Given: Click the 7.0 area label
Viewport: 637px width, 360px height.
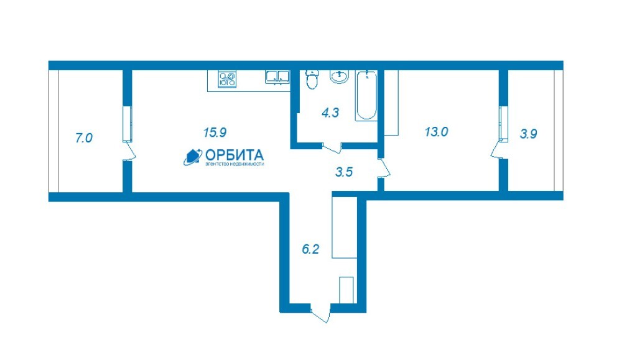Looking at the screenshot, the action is click(x=84, y=138).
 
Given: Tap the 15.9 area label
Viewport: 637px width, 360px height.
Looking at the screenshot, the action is click(x=215, y=132).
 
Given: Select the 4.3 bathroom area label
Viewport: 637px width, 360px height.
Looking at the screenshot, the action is click(x=330, y=113).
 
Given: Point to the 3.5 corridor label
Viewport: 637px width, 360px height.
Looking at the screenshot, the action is click(x=343, y=172).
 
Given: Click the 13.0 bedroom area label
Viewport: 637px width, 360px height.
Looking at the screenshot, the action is click(x=436, y=131).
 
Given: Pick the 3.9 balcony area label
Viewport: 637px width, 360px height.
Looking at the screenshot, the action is click(x=529, y=134).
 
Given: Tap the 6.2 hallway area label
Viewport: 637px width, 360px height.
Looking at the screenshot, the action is click(x=310, y=249).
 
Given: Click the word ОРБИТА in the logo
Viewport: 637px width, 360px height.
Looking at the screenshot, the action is click(x=235, y=155).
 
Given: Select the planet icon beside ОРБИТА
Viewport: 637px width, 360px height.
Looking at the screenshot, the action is click(x=193, y=157).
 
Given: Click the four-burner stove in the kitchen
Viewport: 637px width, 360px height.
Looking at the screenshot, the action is click(x=227, y=79).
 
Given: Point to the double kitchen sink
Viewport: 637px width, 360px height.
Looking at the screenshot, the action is click(x=277, y=77).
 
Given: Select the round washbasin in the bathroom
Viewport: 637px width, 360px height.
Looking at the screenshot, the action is click(x=339, y=76).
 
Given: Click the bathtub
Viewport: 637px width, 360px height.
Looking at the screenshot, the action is click(x=366, y=95).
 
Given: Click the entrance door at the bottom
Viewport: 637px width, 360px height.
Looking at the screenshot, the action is click(x=320, y=313).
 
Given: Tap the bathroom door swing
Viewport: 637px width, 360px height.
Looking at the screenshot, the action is click(x=332, y=148).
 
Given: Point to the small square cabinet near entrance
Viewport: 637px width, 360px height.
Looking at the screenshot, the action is click(x=346, y=290).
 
